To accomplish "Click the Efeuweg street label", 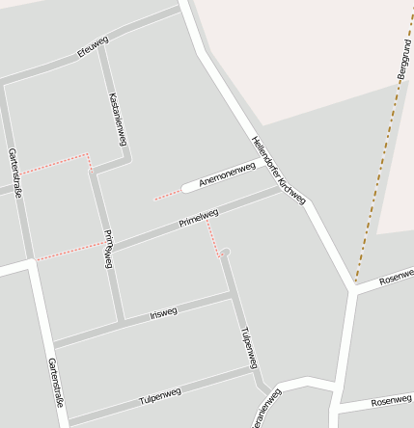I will tap(93, 47).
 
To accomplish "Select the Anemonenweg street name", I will tap(227, 174).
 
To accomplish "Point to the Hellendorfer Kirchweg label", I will tap(278, 170).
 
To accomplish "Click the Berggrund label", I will tap(402, 59).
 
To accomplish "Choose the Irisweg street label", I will tap(164, 313).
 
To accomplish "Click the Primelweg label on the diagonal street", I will tap(199, 219).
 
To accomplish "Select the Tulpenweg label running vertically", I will tap(248, 348).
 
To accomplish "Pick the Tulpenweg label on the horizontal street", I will tap(160, 395).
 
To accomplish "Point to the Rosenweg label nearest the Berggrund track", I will tap(396, 278).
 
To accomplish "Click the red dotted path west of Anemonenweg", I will tap(167, 196).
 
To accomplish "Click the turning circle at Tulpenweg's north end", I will tap(225, 254).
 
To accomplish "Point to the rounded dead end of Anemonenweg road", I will tap(185, 189).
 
